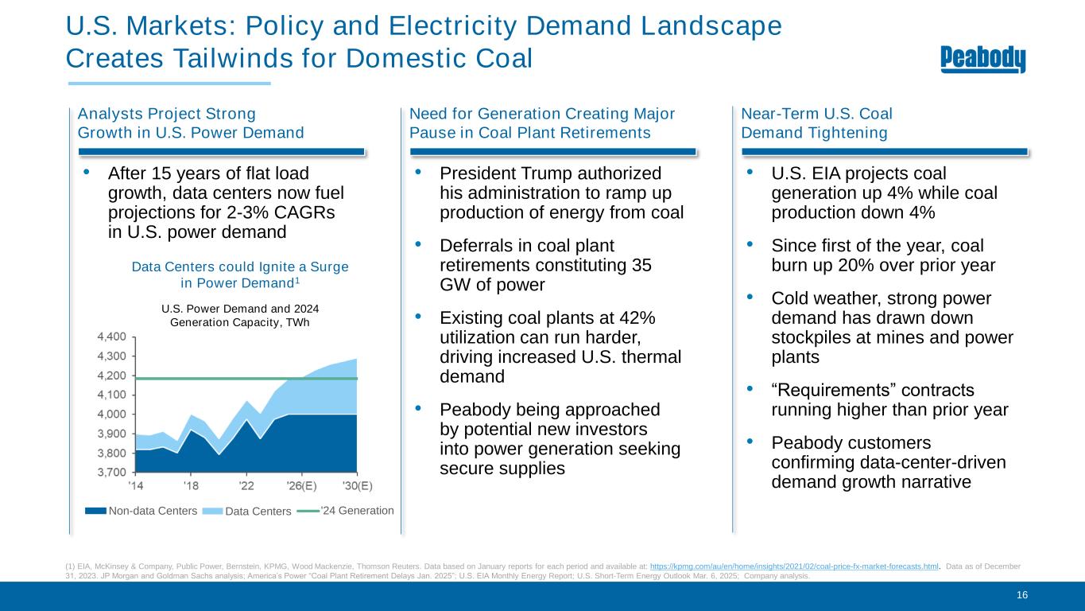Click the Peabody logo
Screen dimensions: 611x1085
(x=983, y=60)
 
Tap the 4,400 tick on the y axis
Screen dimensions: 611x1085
(x=112, y=337)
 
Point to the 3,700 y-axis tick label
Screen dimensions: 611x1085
(x=112, y=473)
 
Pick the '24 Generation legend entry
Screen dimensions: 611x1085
(x=356, y=510)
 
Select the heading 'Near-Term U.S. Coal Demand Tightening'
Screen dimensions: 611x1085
(x=815, y=123)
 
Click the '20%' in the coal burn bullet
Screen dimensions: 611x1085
(x=868, y=265)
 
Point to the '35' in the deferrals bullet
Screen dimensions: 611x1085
(x=641, y=266)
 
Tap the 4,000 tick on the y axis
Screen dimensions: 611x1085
(x=112, y=414)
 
